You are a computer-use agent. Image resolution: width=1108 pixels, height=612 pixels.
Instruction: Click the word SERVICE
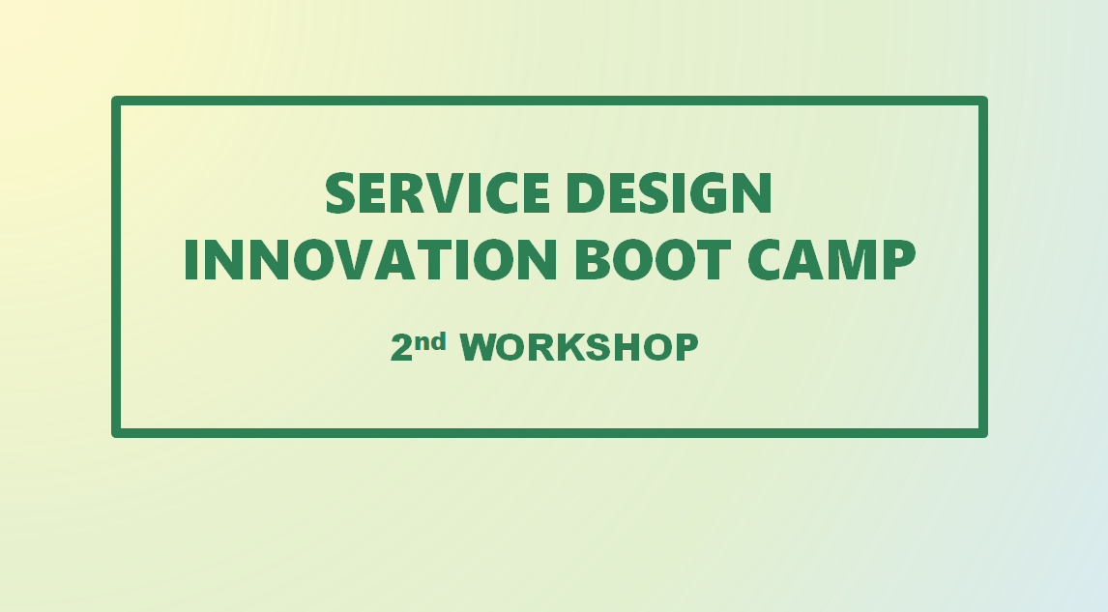pos(437,193)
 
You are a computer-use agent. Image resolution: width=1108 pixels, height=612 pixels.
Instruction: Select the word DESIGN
pos(669,193)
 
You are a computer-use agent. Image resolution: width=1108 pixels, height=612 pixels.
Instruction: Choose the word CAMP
pos(831,259)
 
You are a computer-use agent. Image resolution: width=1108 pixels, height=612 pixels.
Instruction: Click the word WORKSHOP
pos(579,348)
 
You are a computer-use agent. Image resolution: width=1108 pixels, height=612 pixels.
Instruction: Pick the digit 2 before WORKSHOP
pos(401,348)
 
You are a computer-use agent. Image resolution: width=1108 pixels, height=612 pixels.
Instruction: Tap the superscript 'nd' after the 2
pos(430,342)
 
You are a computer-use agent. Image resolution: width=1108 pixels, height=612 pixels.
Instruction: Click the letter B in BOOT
pos(594,259)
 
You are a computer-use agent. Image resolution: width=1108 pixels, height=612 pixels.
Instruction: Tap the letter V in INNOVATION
pos(394,259)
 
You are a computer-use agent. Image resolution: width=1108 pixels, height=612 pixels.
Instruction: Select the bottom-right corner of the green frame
pos(983,433)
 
